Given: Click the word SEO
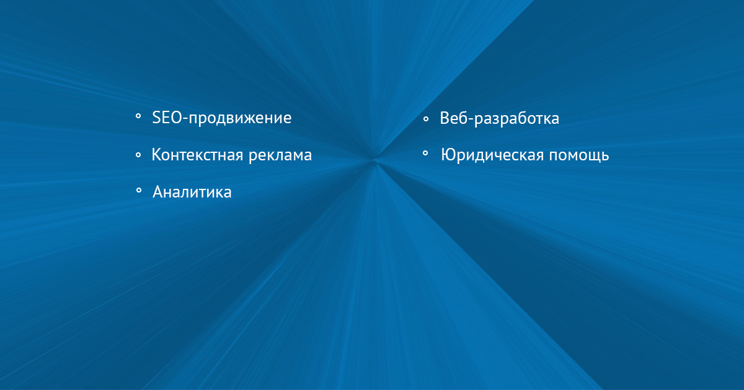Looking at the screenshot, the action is (x=167, y=118).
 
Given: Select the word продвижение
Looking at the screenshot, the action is (x=240, y=119).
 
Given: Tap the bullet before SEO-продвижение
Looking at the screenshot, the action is (x=138, y=116).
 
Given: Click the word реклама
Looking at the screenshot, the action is (x=280, y=156).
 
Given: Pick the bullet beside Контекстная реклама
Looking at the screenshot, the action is (x=138, y=155).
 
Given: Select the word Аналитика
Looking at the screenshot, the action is (x=192, y=192).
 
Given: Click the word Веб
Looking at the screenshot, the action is (x=453, y=118).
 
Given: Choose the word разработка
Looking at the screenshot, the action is (x=516, y=119).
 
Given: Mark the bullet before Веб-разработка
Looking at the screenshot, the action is (x=426, y=119).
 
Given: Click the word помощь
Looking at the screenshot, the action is (x=579, y=156).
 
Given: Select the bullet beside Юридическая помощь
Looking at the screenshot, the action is (x=425, y=154).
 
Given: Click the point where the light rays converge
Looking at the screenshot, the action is (x=374, y=162).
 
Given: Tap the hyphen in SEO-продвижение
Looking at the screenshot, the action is (x=185, y=119).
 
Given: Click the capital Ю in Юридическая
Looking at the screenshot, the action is (x=449, y=155).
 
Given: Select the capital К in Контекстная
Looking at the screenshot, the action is (x=156, y=155).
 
